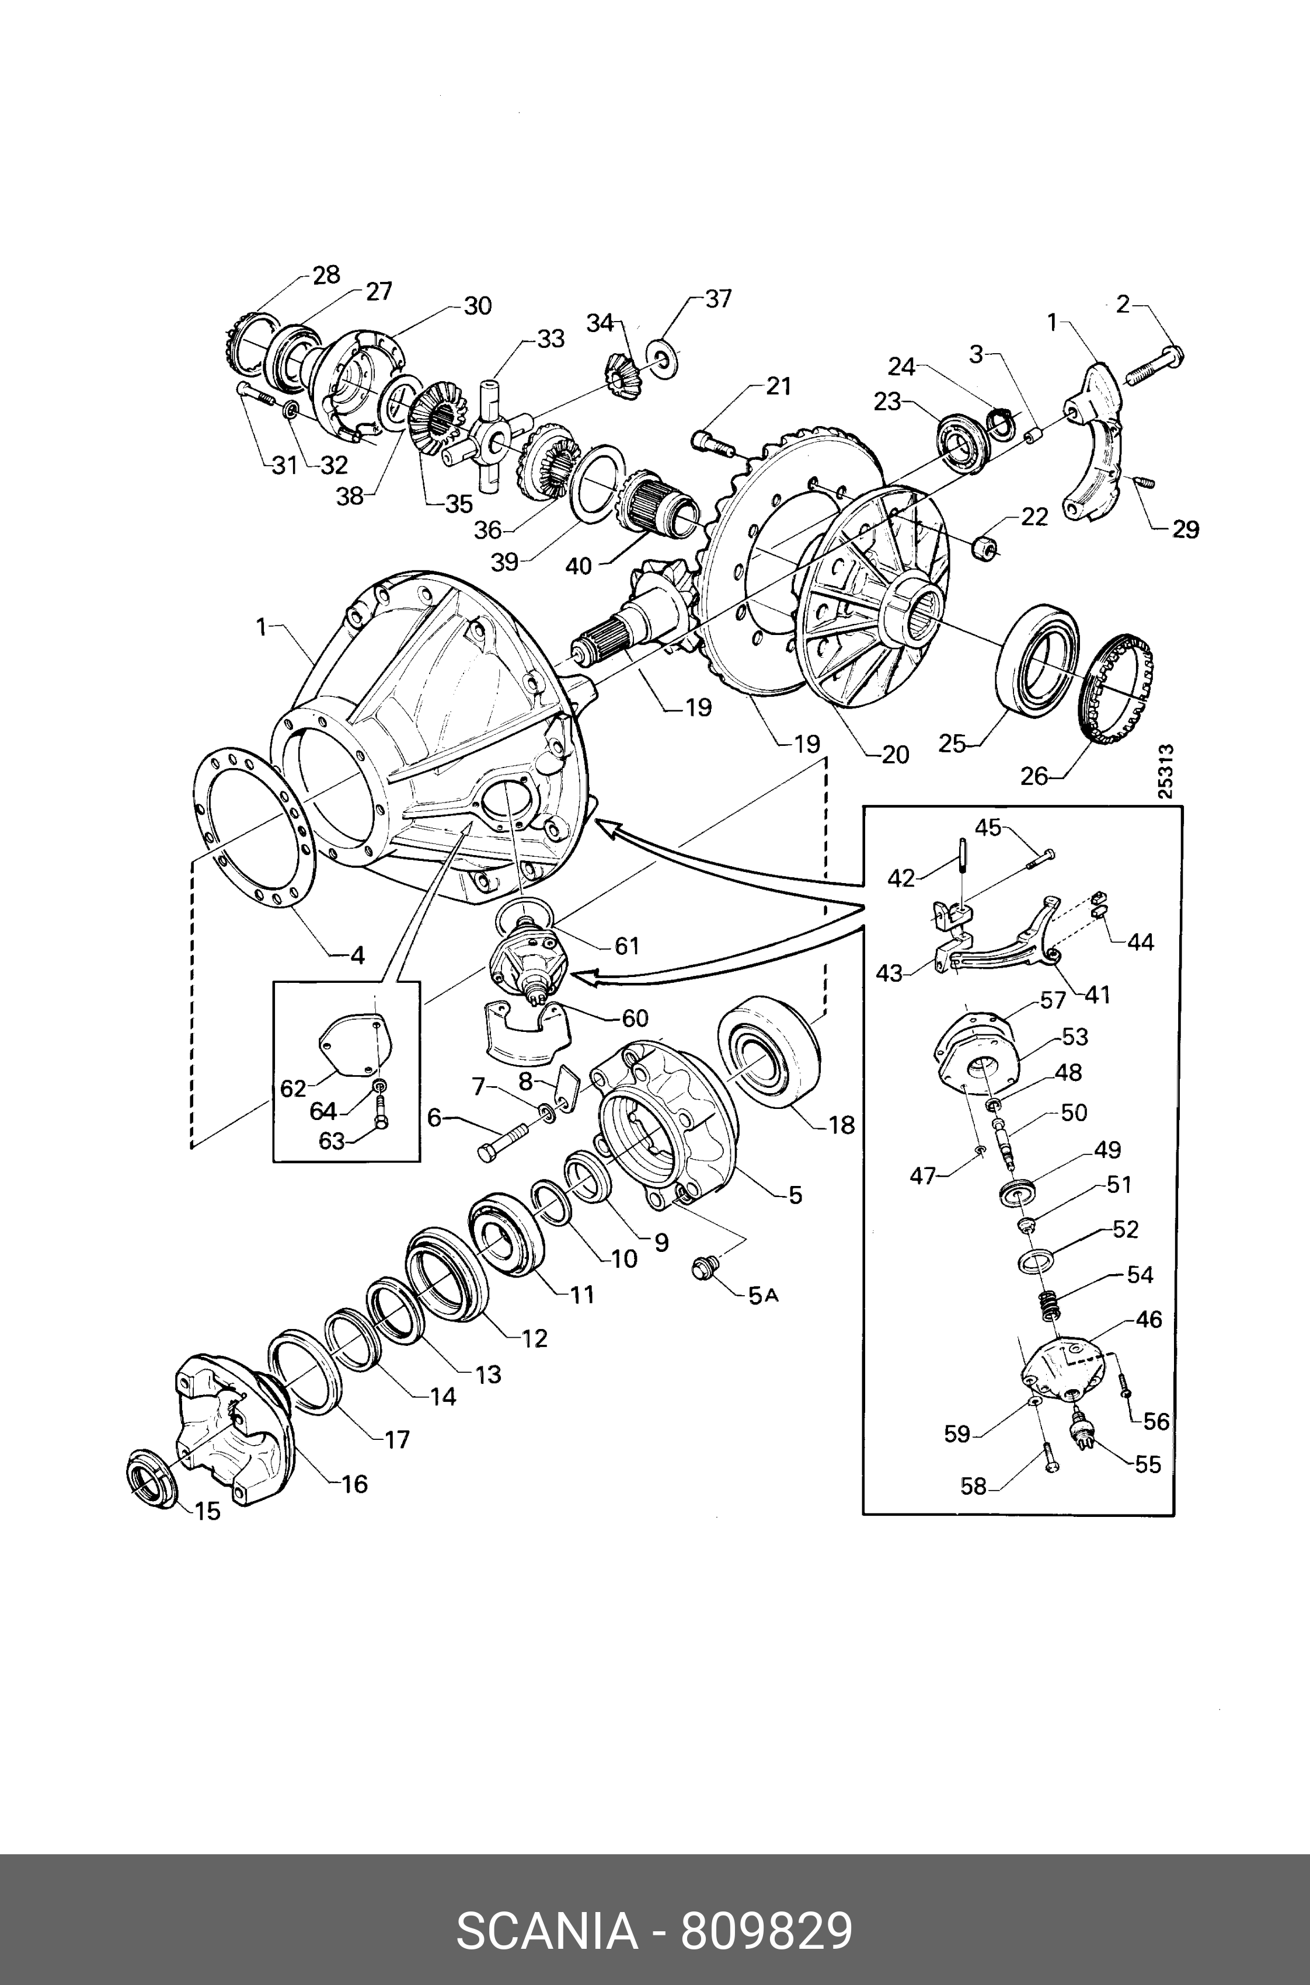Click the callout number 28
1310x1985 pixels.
(327, 275)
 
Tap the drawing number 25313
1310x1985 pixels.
(1166, 772)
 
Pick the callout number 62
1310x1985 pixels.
(293, 1089)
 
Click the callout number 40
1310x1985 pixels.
(578, 566)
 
